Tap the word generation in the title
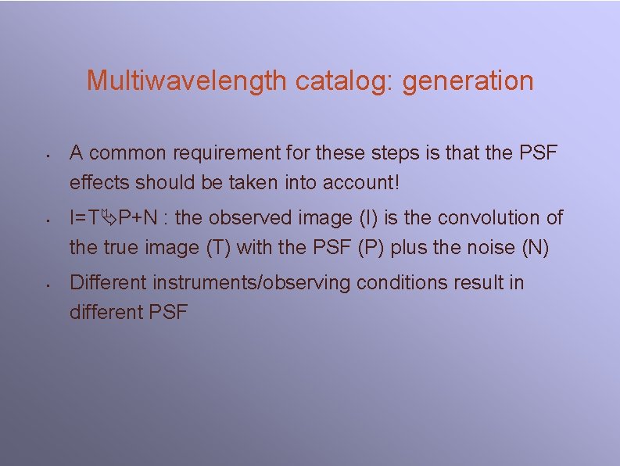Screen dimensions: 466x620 click(468, 81)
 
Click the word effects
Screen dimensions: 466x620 click(99, 182)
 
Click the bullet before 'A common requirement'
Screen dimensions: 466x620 click(48, 154)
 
